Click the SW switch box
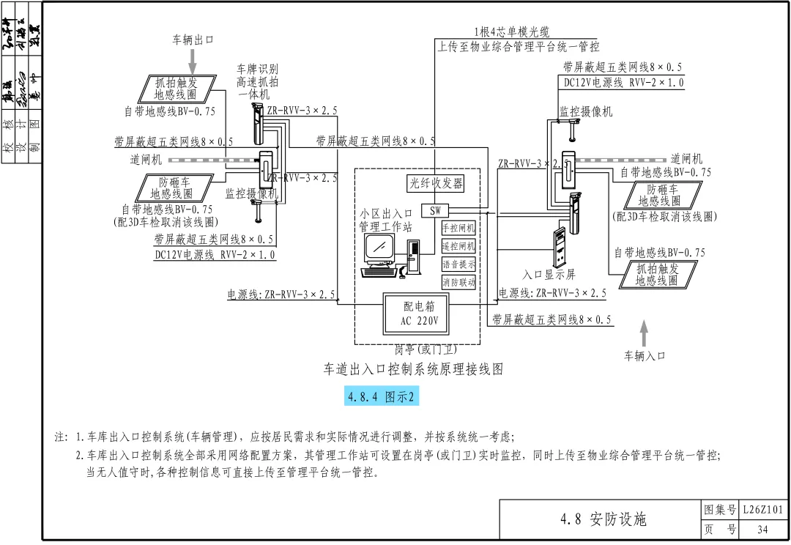point(435,211)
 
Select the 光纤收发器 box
point(436,183)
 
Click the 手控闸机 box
point(459,228)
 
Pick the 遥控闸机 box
point(459,246)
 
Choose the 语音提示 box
point(459,264)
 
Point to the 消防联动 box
point(459,282)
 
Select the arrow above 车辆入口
point(645,333)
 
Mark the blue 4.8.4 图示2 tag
point(381,397)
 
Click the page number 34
point(762,530)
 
